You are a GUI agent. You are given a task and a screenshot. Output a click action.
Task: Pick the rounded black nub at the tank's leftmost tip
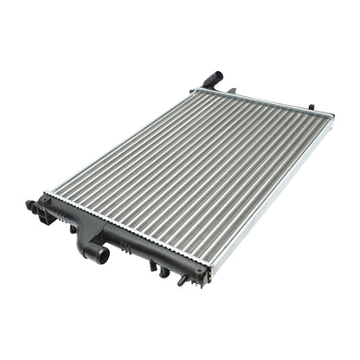pos(29,206)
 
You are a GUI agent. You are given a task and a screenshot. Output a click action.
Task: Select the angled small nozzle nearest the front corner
pos(183,280)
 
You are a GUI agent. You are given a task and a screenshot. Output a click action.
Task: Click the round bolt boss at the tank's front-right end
pos(201,270)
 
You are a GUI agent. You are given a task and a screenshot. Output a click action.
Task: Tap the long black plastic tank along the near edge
pos(130,239)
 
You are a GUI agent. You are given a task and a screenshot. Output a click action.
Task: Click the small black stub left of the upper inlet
pos(194,89)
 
